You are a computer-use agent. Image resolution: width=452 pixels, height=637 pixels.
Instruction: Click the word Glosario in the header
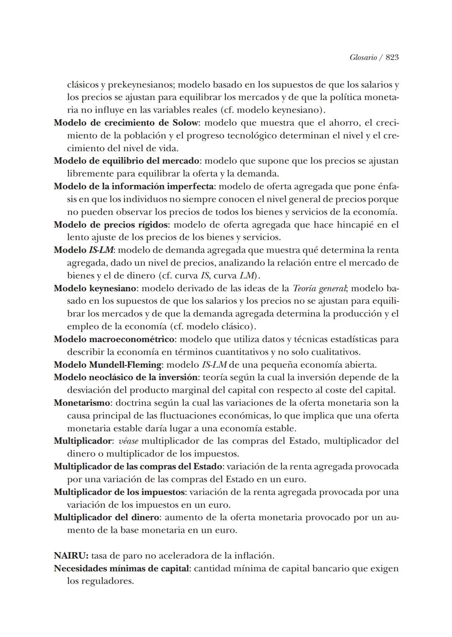coord(363,57)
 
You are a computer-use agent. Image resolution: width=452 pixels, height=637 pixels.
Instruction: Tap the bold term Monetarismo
coord(82,403)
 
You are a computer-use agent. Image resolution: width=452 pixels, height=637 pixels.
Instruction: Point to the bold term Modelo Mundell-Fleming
coord(108,365)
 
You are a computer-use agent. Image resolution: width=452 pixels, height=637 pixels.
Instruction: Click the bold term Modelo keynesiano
coord(95,288)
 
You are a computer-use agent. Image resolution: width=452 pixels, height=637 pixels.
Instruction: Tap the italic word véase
coord(128,441)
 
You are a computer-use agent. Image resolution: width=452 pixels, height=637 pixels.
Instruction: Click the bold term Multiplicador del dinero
coord(106,517)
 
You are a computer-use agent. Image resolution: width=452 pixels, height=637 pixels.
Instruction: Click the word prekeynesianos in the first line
coord(142,85)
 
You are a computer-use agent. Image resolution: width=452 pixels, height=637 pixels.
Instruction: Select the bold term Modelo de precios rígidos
coord(111,225)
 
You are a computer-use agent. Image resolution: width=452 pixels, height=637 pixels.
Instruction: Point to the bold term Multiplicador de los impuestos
coord(119,492)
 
